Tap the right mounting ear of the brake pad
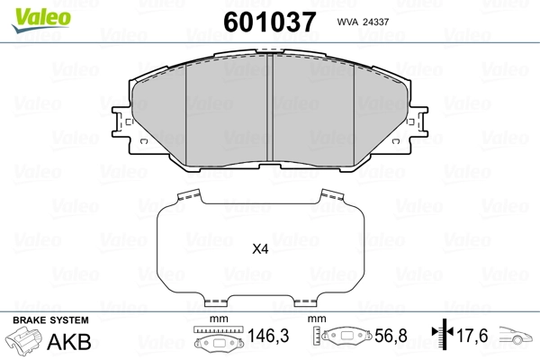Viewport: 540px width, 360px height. tap(418, 124)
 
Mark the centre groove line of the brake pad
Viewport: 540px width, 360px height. tap(270, 108)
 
